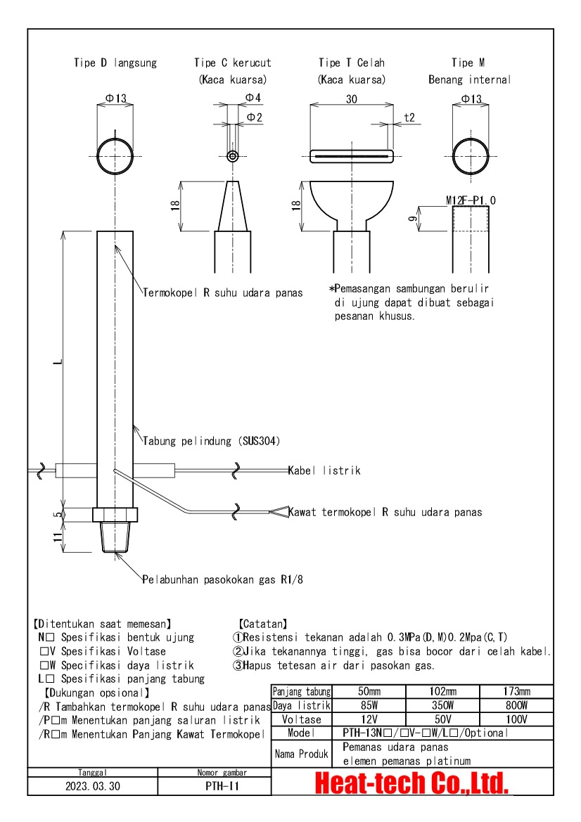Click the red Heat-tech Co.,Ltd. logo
click(411, 783)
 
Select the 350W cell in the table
click(442, 705)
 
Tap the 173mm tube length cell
click(516, 691)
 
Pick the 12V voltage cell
click(369, 719)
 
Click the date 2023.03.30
click(93, 786)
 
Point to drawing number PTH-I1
click(222, 786)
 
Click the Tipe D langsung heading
click(115, 63)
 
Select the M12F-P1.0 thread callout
click(471, 200)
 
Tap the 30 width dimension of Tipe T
click(351, 98)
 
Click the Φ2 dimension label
click(255, 117)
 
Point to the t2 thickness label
click(409, 117)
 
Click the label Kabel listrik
click(324, 470)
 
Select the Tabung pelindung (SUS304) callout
click(212, 441)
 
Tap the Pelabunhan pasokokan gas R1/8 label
click(223, 579)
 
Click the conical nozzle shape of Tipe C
click(233, 206)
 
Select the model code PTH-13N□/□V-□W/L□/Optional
click(426, 733)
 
